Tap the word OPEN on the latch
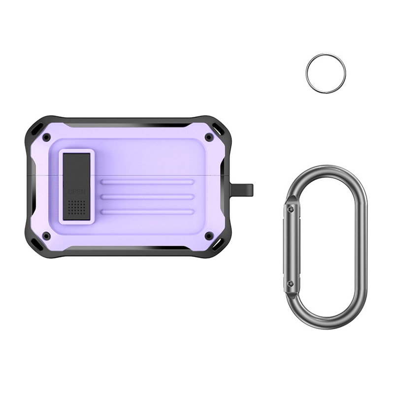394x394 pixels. pos(77,192)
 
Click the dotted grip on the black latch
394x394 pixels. pos(77,207)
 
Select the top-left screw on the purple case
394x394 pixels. pos(46,137)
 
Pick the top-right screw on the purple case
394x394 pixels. pos(208,137)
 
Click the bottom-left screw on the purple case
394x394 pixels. pos(46,236)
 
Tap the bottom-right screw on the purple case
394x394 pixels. pos(208,236)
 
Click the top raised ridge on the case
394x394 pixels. pos(147,182)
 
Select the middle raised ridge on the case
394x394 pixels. pos(147,197)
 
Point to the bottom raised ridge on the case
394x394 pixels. pos(147,212)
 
